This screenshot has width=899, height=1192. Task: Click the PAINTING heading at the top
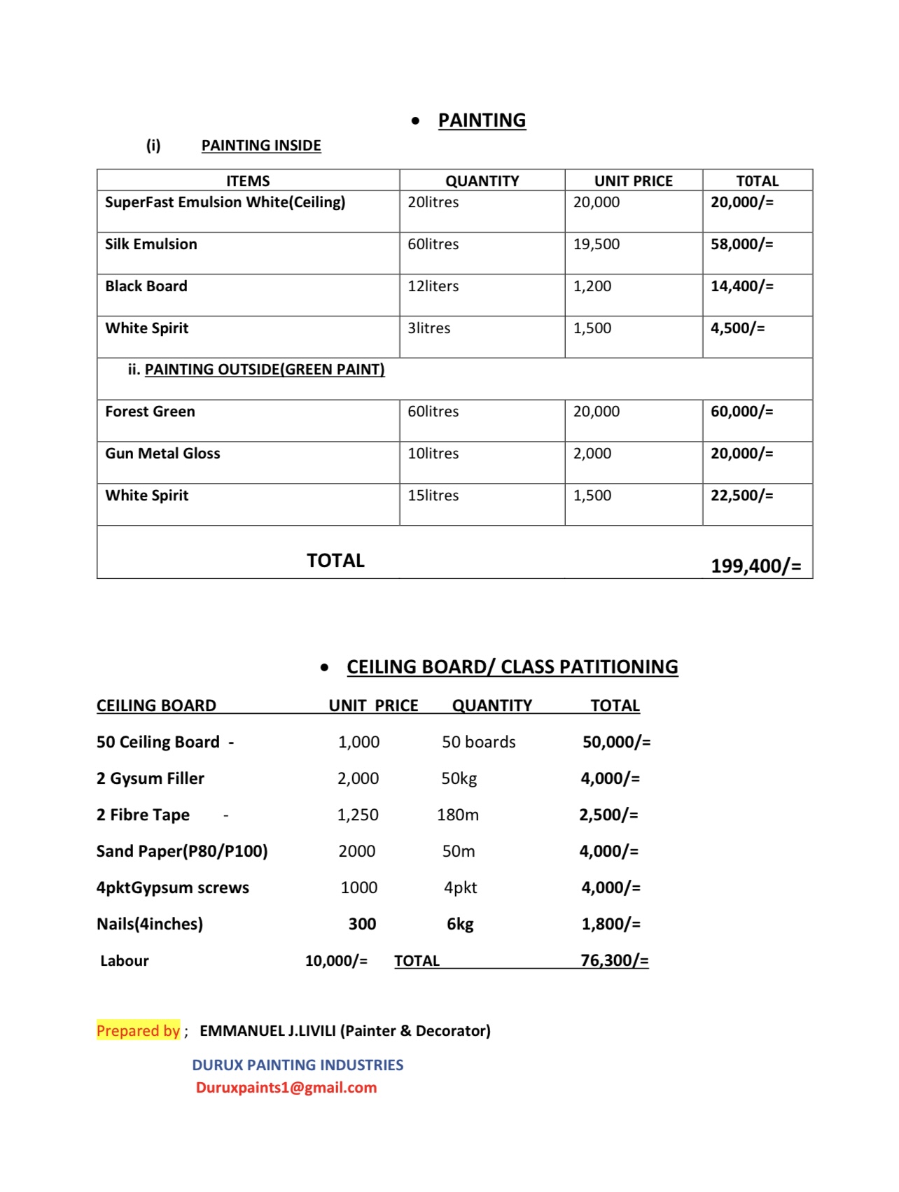(482, 120)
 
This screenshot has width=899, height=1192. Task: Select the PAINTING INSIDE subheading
(261, 146)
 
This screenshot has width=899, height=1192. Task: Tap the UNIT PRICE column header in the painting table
(633, 181)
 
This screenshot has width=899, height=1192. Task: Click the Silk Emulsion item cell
(151, 244)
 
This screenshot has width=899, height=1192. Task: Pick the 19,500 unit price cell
(597, 244)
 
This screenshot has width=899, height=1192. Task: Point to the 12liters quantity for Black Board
(433, 286)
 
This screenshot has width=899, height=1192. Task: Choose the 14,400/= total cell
(741, 286)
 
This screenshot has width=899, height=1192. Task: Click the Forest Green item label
(150, 412)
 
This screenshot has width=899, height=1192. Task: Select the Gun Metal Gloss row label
(162, 454)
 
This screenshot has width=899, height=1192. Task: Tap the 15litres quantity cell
(433, 496)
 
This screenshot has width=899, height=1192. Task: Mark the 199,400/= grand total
(755, 566)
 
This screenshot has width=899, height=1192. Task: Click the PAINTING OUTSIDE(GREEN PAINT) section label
(265, 370)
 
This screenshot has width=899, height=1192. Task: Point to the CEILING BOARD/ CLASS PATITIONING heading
(512, 667)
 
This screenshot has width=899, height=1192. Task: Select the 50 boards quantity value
(478, 742)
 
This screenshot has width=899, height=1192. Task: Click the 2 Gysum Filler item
(150, 778)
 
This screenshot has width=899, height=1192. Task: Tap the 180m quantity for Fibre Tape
(458, 815)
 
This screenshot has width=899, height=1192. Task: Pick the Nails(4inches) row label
(150, 924)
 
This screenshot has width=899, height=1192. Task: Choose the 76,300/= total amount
(614, 960)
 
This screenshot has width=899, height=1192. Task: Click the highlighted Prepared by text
(139, 1030)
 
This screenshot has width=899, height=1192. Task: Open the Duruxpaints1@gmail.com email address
(286, 1088)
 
